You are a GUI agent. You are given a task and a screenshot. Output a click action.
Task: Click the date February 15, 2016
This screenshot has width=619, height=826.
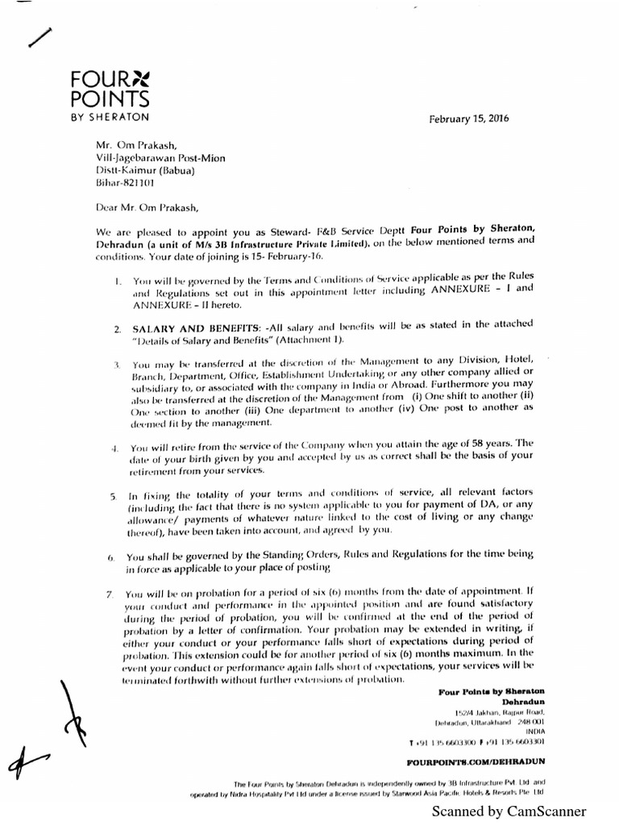(476, 119)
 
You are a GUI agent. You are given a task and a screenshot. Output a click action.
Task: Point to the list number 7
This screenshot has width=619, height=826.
(109, 594)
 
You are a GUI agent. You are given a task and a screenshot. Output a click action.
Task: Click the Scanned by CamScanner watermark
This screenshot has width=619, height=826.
(509, 811)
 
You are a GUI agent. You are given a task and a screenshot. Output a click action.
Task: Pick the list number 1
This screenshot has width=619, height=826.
(117, 282)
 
